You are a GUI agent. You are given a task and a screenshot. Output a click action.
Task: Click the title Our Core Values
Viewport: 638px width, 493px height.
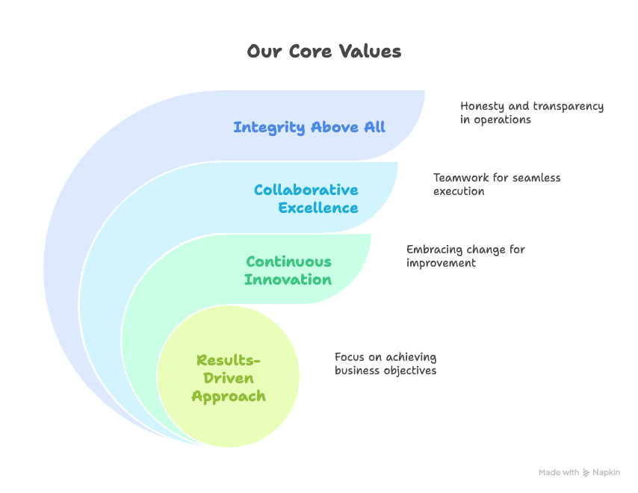324,52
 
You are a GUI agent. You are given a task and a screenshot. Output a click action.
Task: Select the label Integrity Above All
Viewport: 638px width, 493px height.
309,127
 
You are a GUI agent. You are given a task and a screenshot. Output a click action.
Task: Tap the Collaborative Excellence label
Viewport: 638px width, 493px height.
306,199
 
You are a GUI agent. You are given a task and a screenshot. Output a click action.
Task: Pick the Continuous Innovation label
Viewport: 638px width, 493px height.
288,270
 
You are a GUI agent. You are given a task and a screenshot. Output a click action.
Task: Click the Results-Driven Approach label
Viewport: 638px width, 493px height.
229,378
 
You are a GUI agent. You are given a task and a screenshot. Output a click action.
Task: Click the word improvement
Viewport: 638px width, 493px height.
441,263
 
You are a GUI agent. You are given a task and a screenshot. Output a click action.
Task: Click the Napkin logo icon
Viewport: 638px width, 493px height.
586,473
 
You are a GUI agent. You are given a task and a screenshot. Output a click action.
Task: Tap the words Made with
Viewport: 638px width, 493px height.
559,473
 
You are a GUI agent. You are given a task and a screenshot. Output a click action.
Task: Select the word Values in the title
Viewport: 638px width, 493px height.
371,52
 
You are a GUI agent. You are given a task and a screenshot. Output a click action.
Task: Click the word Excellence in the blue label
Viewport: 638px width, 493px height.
318,208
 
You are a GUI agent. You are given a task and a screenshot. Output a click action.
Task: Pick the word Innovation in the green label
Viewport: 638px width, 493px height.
288,280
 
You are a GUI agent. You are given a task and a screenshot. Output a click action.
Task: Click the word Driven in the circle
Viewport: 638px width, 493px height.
229,378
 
